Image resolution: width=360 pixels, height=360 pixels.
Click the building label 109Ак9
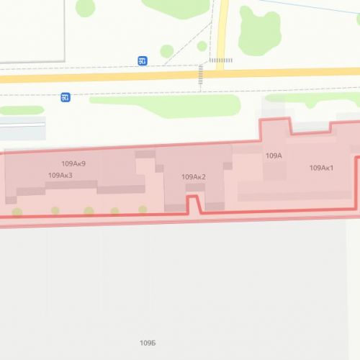tap(74, 164)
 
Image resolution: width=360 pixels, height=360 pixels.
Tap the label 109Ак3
tap(60, 175)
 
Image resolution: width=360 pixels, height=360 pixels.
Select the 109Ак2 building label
tap(194, 177)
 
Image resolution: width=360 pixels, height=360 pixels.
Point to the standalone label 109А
tap(273, 156)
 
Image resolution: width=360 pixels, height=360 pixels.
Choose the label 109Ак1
tap(320, 168)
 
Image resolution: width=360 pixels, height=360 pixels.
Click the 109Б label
tap(148, 341)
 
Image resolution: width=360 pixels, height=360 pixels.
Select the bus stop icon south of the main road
tap(66, 96)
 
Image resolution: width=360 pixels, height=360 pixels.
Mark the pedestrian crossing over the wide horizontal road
tap(201, 76)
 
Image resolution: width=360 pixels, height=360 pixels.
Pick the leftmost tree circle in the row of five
tap(17, 212)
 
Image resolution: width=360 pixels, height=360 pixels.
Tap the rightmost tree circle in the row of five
tap(143, 210)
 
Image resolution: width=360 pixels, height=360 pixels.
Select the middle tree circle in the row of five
tap(89, 211)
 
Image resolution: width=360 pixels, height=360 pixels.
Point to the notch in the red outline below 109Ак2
tap(193, 202)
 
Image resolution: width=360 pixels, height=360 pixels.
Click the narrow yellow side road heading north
tap(222, 29)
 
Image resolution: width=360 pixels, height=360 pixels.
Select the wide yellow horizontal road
tap(108, 76)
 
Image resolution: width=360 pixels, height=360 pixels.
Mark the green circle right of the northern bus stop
tap(167, 51)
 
